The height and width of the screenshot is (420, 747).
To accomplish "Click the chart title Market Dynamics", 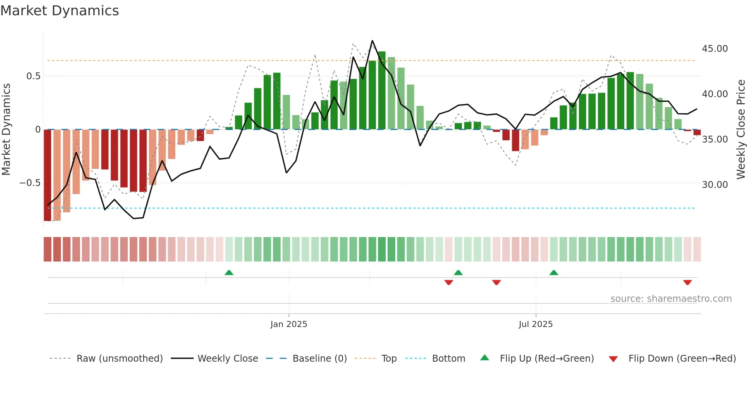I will coord(59,11).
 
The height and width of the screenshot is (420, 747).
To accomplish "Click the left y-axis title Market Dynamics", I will coord(6,129).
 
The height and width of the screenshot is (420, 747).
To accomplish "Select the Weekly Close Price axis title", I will coord(741,129).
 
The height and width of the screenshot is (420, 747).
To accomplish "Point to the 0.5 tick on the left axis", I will coord(33,76).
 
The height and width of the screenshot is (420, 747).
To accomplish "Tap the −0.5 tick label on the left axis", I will coord(30,183).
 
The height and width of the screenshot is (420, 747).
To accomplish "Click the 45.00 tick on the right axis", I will coord(715,49).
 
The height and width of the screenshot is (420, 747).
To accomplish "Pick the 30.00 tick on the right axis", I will coord(715,185).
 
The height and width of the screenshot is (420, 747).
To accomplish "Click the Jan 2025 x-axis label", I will coord(289,324).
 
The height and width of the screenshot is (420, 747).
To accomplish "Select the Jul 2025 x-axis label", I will coord(535,324).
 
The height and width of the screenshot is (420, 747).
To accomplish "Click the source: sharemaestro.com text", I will coord(671,299).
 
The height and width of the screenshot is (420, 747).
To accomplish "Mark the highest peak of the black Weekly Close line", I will coord(372,41).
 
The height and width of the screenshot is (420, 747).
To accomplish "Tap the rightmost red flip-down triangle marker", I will coord(688,282).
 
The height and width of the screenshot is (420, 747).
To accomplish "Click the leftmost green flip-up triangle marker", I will coord(229,273).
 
